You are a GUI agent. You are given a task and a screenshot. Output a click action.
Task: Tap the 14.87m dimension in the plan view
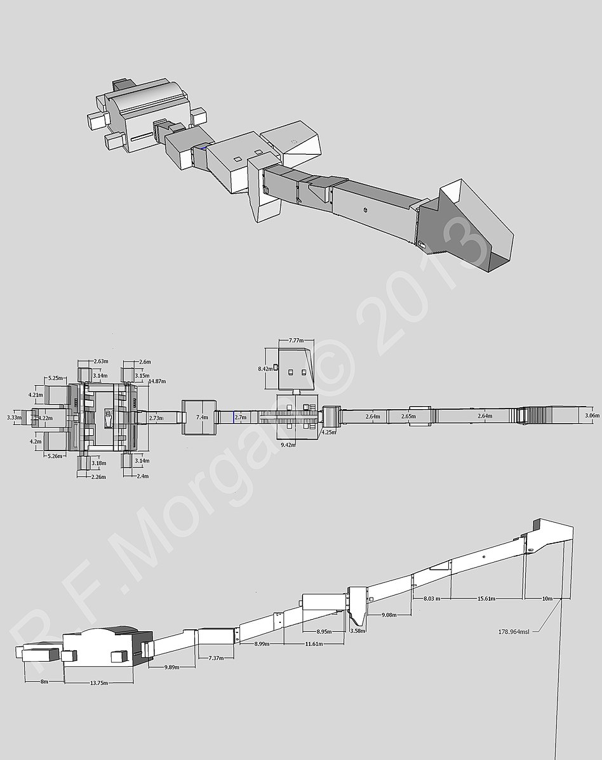[157, 381]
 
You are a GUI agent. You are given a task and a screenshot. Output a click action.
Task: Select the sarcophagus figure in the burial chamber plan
[108, 417]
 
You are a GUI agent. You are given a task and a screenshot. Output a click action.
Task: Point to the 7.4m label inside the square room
[202, 417]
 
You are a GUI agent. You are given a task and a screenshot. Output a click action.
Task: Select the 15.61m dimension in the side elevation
[486, 598]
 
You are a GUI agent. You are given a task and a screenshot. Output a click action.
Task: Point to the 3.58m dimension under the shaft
[358, 631]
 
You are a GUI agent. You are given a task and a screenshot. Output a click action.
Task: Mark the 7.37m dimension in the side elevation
[217, 658]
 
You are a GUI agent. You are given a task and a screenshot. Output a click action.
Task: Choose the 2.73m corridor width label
[155, 417]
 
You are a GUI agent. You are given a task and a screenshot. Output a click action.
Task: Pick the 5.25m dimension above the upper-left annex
[54, 378]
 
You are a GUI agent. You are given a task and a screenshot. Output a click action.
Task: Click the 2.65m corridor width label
[410, 416]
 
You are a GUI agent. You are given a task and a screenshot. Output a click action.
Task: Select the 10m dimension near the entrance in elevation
[546, 598]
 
